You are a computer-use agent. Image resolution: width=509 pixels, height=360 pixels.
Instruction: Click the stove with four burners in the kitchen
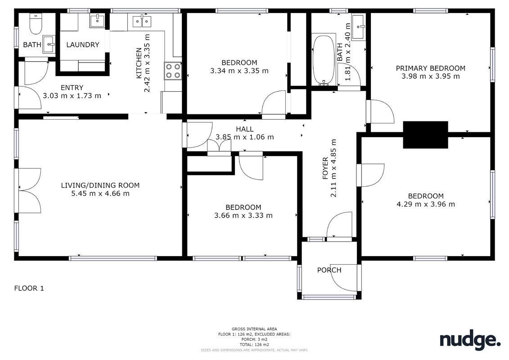(173, 71)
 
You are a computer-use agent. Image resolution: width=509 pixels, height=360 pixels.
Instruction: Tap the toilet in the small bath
(36, 24)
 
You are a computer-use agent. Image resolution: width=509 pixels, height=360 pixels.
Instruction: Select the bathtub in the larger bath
(324, 60)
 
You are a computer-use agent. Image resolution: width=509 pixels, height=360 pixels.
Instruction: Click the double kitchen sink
(142, 21)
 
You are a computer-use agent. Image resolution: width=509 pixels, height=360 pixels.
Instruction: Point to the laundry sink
(97, 21)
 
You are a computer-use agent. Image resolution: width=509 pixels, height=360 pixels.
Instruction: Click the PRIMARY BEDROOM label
(430, 68)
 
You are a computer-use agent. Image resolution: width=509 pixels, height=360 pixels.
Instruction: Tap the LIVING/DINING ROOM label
(100, 185)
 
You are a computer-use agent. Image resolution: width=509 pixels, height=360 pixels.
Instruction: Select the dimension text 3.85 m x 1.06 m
(245, 137)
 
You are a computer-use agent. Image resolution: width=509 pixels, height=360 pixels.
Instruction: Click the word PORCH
(329, 270)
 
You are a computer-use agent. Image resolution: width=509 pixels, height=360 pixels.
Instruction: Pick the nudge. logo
(470, 340)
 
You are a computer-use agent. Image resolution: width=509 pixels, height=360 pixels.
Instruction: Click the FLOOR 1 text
(29, 288)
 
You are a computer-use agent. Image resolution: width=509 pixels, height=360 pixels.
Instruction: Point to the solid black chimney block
(426, 135)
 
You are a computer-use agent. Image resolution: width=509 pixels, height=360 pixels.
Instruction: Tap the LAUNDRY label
(82, 45)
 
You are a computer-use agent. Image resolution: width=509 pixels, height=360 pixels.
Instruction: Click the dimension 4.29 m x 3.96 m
(426, 204)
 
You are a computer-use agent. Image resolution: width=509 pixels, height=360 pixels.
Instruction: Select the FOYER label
(325, 168)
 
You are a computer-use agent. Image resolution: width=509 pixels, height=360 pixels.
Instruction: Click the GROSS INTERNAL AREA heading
(254, 329)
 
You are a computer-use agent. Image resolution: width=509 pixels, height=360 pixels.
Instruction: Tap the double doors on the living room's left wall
(28, 190)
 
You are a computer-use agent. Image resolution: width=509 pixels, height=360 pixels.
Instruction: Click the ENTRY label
(72, 88)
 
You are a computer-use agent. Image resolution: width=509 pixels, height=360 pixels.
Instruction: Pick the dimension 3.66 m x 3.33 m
(243, 216)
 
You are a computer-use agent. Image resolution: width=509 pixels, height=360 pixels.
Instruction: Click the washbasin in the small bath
(49, 44)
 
